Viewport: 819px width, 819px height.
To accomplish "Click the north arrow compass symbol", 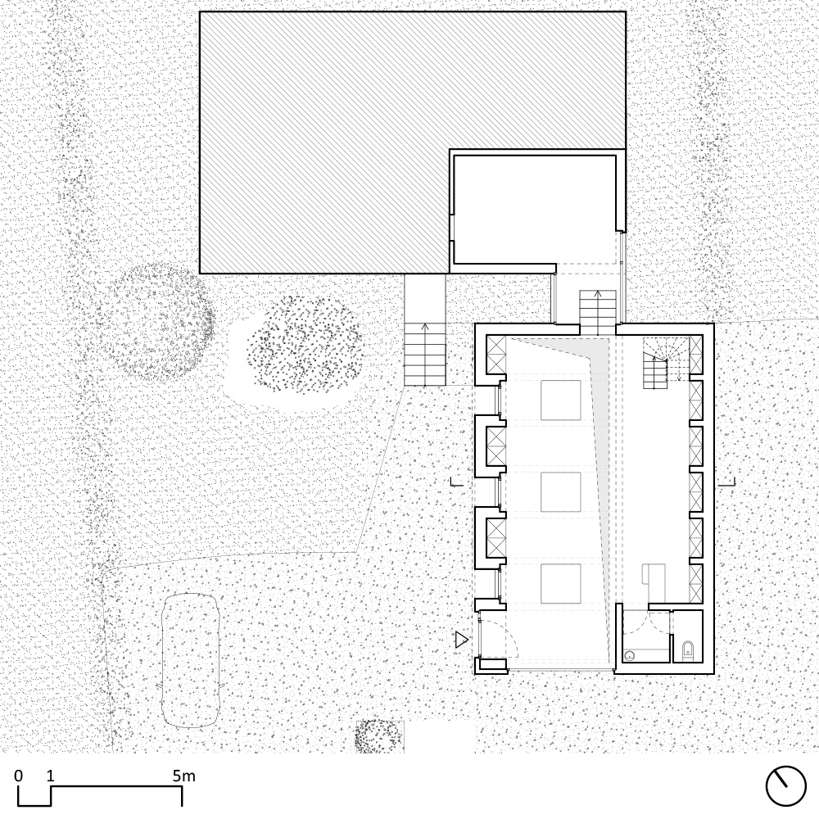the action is coord(785,786).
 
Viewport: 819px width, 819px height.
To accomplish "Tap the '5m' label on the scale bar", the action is coord(183,776).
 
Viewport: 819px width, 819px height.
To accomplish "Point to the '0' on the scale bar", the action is coord(19,776).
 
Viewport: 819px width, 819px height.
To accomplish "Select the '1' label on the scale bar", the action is coord(50,776).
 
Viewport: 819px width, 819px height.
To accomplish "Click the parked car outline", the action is coord(190,660).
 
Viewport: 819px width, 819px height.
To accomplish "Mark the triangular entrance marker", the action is coord(461,640).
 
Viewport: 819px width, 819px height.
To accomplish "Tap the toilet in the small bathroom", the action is coord(688,650).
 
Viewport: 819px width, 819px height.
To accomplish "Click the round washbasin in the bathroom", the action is coord(630,655).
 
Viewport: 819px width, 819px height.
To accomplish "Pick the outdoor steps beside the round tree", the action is coord(425,354).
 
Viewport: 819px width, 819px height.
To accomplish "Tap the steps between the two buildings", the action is coord(598,312).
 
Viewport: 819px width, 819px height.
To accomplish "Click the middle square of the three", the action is coord(560,492).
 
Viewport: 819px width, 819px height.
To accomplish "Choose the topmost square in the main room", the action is coord(560,400).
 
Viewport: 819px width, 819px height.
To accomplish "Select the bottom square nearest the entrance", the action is coord(560,583).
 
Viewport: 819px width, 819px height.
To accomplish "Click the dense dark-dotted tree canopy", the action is coord(304,345).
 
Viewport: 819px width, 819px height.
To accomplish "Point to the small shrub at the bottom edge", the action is coord(380,736).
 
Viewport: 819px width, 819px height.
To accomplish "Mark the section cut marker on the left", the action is coord(456,482).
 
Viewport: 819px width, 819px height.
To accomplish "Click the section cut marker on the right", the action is coord(726,482).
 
